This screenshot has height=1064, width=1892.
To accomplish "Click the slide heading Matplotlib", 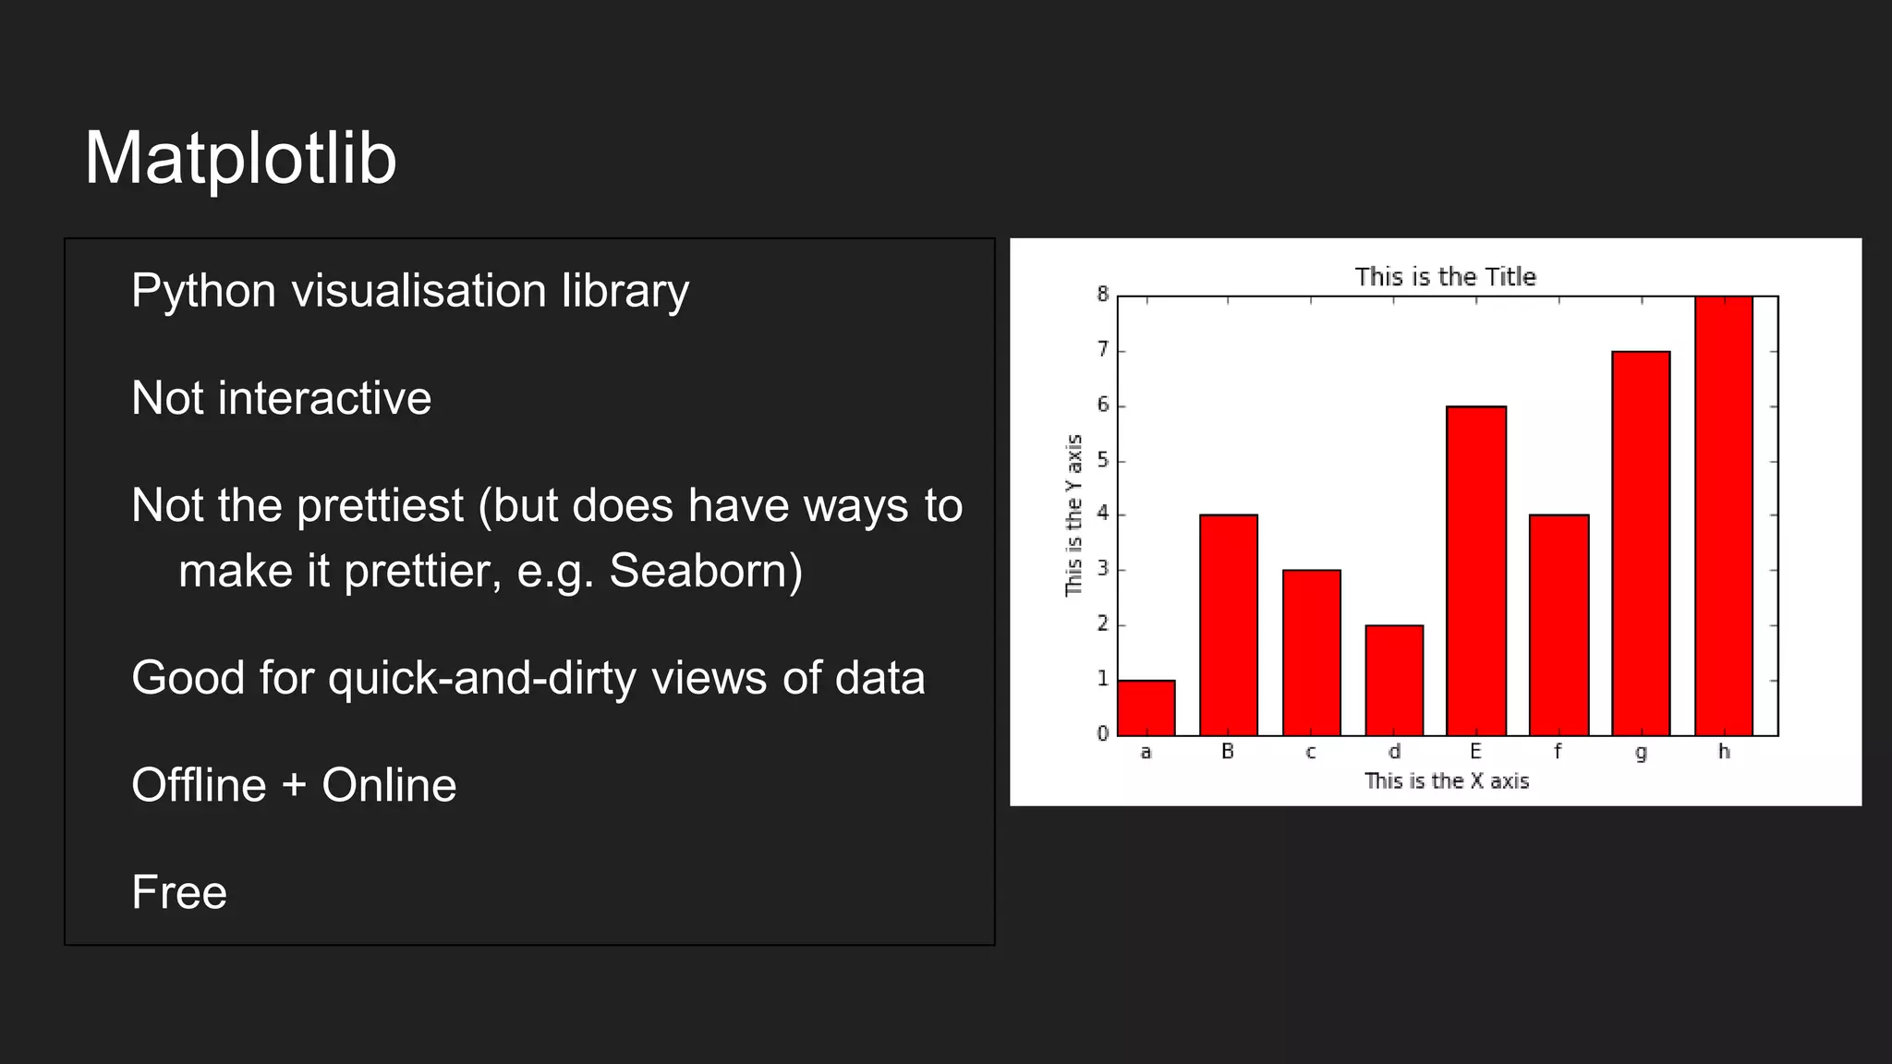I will point(240,159).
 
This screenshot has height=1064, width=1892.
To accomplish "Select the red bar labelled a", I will point(1146,708).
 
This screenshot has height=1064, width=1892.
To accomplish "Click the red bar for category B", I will point(1228,625).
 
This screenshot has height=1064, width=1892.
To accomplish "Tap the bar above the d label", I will point(1393,681).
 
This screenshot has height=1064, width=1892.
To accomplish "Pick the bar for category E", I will point(1475,571).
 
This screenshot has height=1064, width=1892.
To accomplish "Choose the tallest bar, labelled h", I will point(1723,515).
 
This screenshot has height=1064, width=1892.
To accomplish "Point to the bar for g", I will point(1641,543).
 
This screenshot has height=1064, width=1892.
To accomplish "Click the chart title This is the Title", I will point(1445,277).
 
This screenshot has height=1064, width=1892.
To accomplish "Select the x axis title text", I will point(1447,781).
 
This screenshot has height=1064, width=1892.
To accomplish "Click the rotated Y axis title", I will point(1073,515).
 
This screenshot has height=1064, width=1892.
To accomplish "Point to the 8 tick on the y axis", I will point(1102,295).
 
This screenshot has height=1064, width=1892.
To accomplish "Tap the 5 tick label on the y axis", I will point(1102,460).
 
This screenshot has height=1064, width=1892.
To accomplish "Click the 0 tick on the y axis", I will point(1102,734).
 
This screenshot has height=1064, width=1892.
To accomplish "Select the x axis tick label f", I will point(1558,752).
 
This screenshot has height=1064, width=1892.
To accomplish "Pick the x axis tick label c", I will point(1310,752).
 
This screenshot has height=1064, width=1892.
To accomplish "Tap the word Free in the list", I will point(179,892).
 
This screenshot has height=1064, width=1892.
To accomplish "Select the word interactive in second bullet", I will point(324,399).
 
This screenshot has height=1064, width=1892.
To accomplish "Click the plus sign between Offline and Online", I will point(294,785).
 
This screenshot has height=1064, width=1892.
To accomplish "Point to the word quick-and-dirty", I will point(482,678).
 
